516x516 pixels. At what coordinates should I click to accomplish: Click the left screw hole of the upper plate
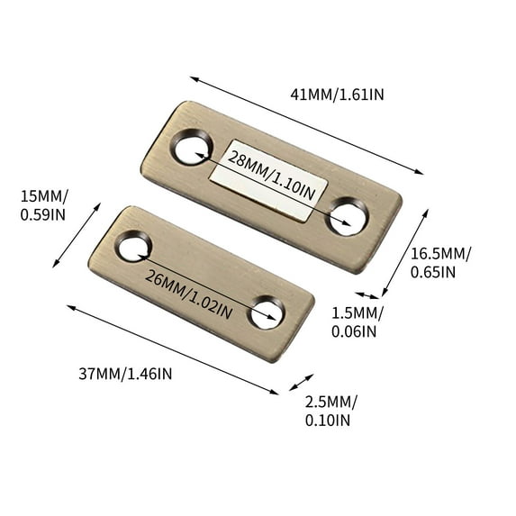[192, 148]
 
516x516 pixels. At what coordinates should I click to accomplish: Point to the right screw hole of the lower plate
[267, 311]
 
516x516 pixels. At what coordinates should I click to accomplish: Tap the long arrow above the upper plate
[306, 126]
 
